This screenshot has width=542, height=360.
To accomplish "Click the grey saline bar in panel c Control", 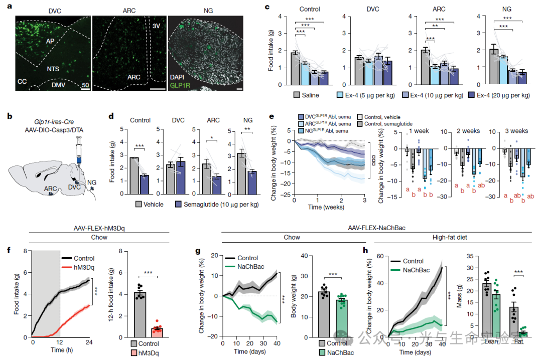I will [x=296, y=70].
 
